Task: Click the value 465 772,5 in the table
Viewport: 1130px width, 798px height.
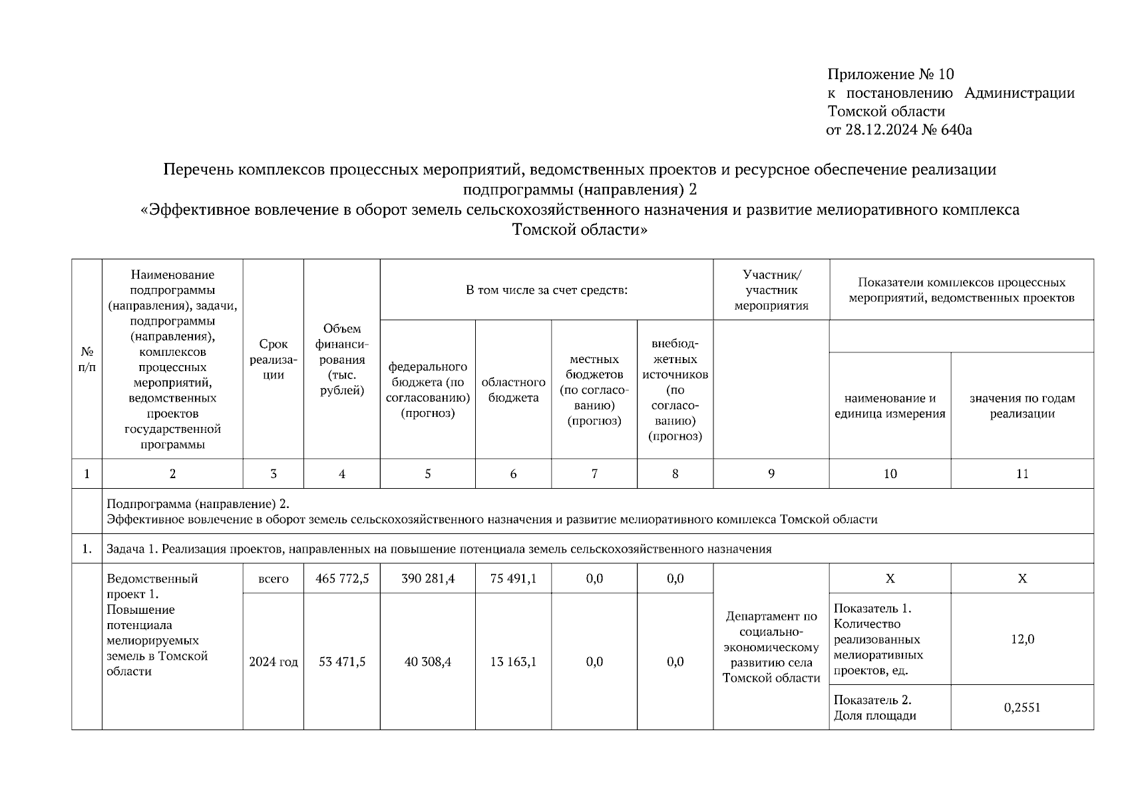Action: pos(342,579)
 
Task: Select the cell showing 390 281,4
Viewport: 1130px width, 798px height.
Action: pos(428,579)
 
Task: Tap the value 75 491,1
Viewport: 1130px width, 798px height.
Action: pos(513,579)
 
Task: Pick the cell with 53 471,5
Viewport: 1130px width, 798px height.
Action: pos(342,662)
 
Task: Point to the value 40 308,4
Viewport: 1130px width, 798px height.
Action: pos(428,662)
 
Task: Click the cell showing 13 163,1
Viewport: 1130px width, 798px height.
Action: pos(513,662)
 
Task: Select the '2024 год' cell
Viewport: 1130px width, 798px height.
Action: pos(274,662)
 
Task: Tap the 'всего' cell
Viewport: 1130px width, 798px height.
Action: pos(274,579)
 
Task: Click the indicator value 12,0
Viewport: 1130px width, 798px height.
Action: pos(1022,639)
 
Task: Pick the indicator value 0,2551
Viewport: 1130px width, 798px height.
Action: pos(1022,708)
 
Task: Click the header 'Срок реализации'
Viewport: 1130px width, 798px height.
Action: pos(274,359)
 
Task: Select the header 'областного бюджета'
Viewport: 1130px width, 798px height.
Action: pos(513,390)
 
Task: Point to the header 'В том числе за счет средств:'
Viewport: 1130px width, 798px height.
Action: pos(546,290)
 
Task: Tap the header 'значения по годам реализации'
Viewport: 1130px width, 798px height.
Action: pos(1022,406)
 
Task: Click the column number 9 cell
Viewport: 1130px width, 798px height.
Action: pos(771,473)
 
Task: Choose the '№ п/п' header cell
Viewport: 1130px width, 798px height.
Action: pos(87,359)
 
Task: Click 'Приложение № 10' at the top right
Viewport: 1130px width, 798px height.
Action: pos(890,74)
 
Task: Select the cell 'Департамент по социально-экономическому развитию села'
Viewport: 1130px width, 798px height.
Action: pos(771,647)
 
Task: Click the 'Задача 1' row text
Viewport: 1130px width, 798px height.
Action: pos(439,549)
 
